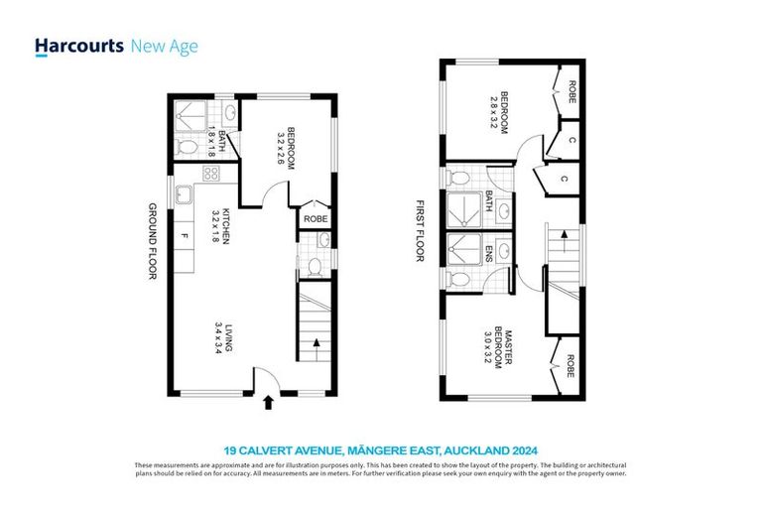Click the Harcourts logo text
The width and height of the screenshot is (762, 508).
coord(78,46)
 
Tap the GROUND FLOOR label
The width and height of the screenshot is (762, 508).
coord(153,241)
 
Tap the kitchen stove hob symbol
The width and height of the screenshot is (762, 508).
coord(210,174)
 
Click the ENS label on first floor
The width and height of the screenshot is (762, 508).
coord(489,257)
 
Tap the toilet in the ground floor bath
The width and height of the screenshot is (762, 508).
coord(189,148)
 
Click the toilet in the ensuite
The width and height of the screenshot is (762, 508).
coord(457,279)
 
